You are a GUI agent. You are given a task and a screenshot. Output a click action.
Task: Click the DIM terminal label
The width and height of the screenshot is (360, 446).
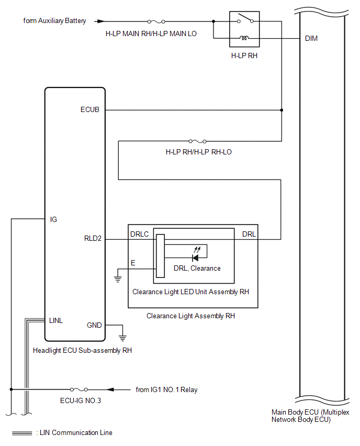(311, 38)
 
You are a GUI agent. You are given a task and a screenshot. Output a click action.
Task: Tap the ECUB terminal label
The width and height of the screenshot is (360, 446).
(90, 109)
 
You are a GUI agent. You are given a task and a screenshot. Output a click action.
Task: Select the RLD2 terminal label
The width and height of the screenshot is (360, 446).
(93, 238)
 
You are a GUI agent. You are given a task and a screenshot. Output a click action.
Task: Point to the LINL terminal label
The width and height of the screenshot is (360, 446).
(56, 320)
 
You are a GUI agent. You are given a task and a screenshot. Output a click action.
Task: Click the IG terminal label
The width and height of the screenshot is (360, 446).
(53, 219)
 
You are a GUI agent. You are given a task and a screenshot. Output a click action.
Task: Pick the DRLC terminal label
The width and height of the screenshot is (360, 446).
(139, 234)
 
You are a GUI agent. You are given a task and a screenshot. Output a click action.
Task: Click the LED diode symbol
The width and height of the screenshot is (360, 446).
(195, 258)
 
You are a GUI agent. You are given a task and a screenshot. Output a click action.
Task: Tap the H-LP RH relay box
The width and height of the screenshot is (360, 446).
(244, 29)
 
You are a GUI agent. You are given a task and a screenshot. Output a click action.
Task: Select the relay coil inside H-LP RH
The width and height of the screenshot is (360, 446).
(244, 38)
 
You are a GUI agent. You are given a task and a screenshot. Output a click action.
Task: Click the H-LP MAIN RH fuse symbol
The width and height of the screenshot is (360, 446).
(156, 21)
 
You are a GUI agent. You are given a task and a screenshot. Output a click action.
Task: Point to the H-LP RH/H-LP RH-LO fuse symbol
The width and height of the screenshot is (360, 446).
(197, 141)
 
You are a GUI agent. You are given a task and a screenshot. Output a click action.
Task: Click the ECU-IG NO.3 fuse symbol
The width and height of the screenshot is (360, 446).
(79, 389)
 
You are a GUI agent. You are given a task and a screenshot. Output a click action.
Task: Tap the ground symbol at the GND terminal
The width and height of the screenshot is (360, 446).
(122, 338)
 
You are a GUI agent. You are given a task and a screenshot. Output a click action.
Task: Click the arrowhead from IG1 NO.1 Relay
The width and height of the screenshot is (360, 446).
(110, 389)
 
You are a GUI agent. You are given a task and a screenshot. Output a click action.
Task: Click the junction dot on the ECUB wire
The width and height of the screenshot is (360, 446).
(282, 110)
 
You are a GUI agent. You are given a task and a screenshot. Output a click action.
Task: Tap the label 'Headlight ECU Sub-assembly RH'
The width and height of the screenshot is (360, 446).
(83, 350)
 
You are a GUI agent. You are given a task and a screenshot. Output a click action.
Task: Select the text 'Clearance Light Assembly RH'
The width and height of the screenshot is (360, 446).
(190, 316)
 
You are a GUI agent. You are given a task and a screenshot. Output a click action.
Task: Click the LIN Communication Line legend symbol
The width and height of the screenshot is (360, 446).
(22, 433)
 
